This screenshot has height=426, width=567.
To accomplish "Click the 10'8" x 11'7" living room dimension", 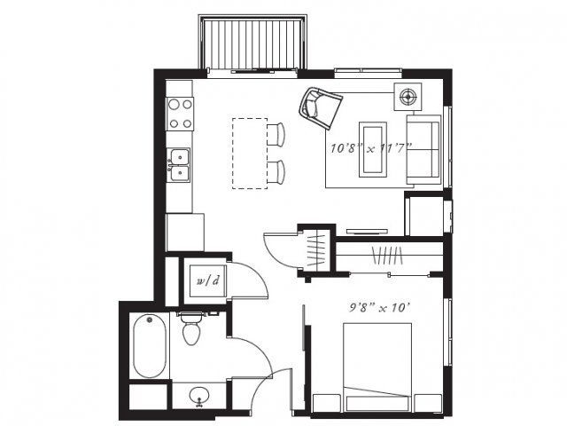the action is point(371,148).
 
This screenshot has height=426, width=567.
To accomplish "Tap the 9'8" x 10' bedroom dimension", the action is point(379,308).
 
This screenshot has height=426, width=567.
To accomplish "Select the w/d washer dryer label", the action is point(208,280).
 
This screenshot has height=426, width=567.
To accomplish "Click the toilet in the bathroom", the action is point(192,328).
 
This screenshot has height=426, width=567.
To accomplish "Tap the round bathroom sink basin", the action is point(198,395).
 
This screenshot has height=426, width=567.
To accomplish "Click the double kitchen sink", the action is point(180,165).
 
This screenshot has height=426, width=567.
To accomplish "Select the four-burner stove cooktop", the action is point(180,114).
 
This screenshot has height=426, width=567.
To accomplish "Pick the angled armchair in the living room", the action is point(320,107).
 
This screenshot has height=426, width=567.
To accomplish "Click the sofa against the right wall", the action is point(423,150).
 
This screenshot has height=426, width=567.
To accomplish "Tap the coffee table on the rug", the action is point(373,149).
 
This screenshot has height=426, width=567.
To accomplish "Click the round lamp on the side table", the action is point(408,97).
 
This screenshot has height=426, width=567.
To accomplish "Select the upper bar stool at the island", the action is point(276,134).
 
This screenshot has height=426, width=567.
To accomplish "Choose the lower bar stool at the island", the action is point(276,171).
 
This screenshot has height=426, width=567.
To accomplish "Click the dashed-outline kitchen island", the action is point(250,154).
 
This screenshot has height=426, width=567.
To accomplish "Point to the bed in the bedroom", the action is point(377,367).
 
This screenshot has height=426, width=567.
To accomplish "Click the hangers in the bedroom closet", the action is point(387,255).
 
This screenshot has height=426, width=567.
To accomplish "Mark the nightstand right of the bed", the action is point(428,403).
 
